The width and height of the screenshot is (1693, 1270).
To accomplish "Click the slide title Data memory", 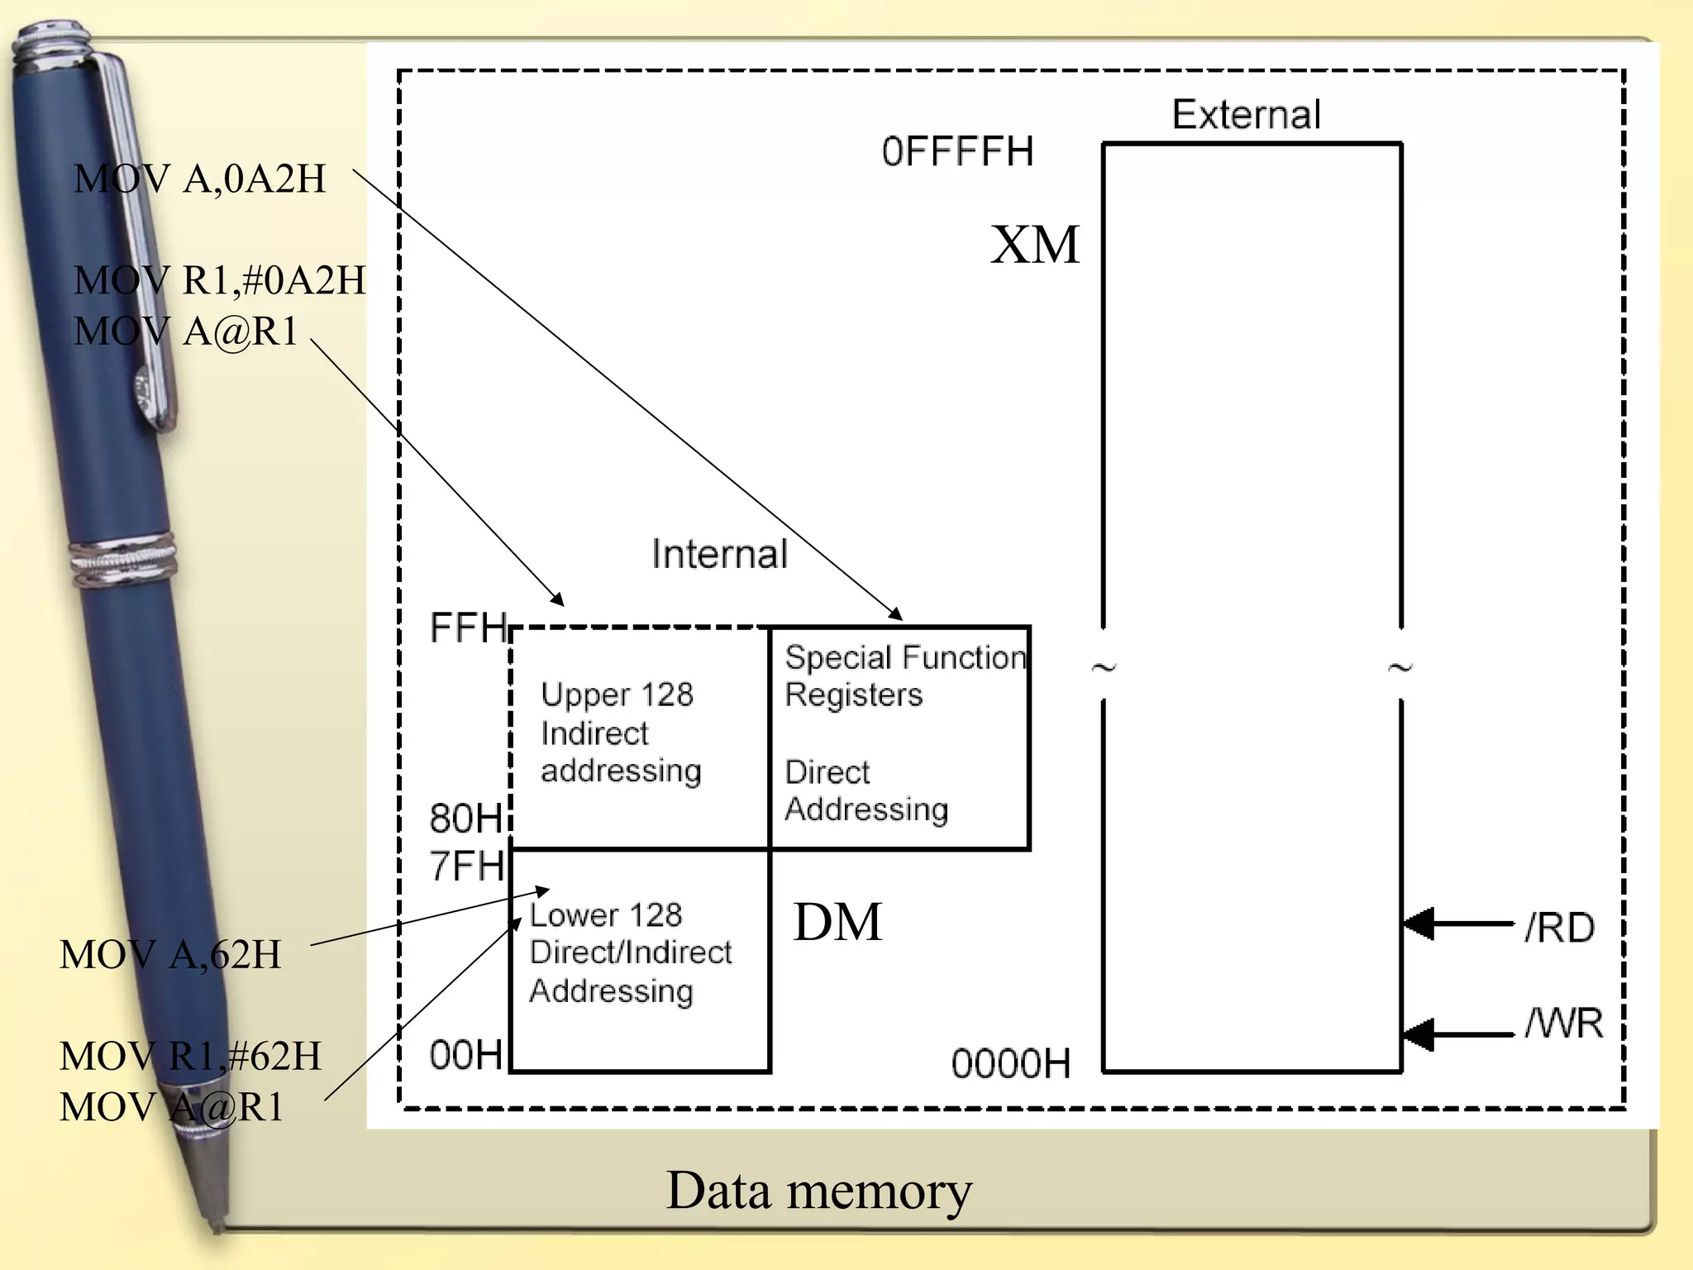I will (818, 1191).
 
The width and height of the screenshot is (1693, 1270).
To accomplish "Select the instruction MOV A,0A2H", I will (200, 179).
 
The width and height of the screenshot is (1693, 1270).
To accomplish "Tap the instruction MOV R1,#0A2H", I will (219, 280).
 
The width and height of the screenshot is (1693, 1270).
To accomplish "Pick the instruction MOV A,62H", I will (170, 955).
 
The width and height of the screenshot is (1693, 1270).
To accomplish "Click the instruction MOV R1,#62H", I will (190, 1057).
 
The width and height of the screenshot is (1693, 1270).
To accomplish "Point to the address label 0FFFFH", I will (957, 152).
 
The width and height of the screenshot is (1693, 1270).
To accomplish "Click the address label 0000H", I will (1010, 1063).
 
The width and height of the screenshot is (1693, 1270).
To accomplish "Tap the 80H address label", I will (465, 819).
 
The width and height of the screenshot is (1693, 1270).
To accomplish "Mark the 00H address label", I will (465, 1055).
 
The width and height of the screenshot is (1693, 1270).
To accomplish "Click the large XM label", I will (1035, 245).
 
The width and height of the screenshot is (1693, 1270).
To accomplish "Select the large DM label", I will (837, 922).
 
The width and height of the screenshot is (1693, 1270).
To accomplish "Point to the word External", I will (1246, 114).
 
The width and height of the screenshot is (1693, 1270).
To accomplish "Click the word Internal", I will (719, 554).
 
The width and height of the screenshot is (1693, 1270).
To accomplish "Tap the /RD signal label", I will (1559, 928).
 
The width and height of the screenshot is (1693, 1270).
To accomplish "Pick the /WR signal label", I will (1563, 1024).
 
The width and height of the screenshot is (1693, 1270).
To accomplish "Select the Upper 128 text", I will (617, 695).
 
